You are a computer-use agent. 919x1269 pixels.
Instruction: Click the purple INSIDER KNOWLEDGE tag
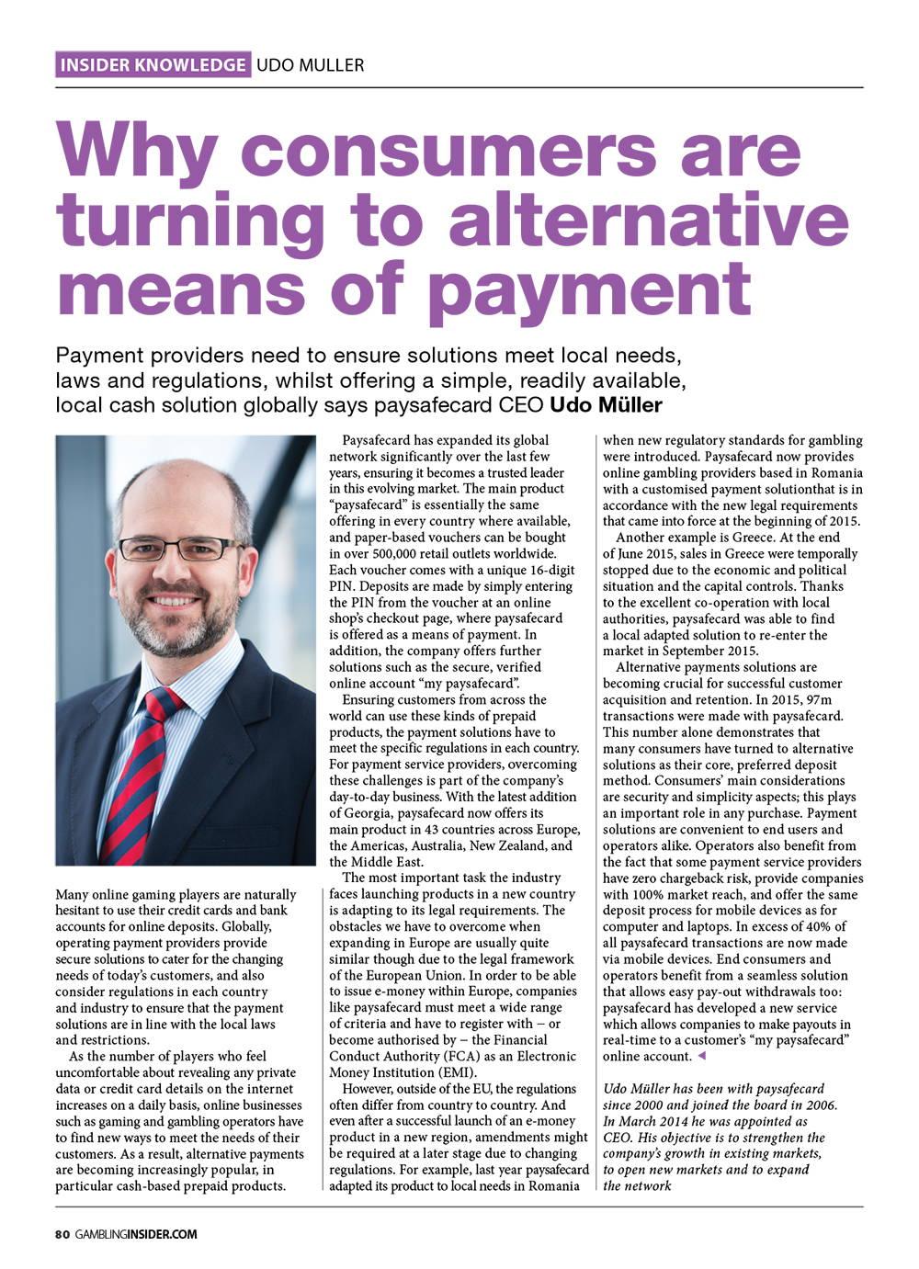pyautogui.click(x=153, y=64)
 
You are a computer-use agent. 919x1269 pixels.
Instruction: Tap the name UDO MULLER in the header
pyautogui.click(x=311, y=64)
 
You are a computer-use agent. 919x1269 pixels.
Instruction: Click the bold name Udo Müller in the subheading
pyautogui.click(x=607, y=405)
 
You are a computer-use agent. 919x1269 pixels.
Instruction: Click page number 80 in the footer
pyautogui.click(x=62, y=1234)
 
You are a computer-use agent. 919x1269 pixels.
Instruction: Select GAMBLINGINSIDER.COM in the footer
pyautogui.click(x=136, y=1234)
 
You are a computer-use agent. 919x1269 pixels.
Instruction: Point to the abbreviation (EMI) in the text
pyautogui.click(x=456, y=1072)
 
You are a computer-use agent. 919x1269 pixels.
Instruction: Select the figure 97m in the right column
pyautogui.click(x=823, y=699)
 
